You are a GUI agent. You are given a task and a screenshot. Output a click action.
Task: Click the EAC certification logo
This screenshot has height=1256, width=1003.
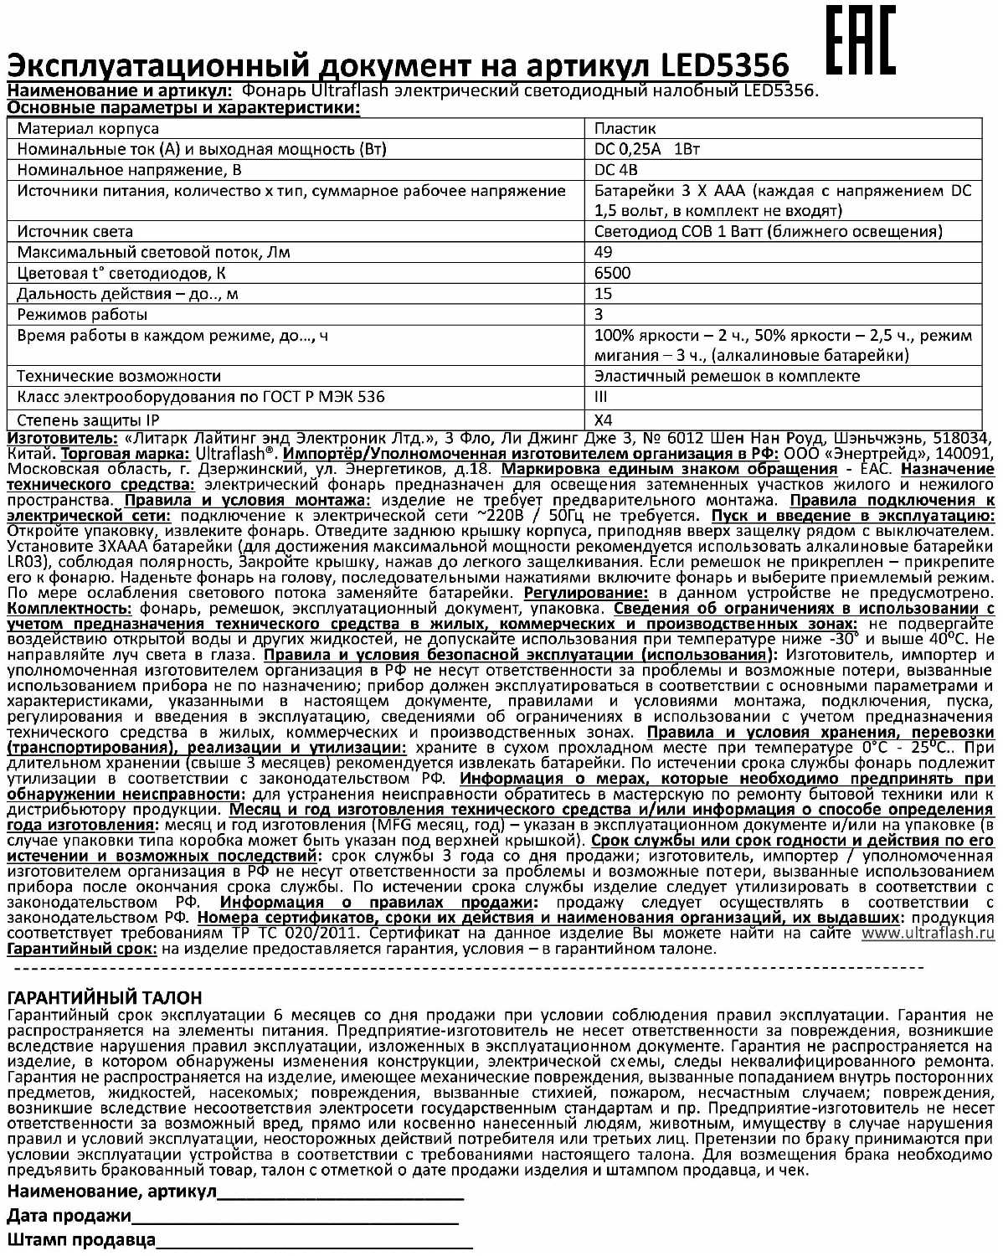(x=861, y=42)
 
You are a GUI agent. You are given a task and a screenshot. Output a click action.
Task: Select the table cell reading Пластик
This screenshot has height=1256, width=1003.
(x=625, y=128)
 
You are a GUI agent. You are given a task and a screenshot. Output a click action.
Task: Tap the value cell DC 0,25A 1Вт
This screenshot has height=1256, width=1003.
(x=646, y=149)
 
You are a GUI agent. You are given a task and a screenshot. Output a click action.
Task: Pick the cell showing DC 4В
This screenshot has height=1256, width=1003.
(x=616, y=170)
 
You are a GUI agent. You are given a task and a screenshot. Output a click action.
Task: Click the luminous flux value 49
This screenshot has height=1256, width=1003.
(x=603, y=252)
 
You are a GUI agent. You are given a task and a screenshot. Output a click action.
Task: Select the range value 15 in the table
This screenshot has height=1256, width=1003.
(x=603, y=294)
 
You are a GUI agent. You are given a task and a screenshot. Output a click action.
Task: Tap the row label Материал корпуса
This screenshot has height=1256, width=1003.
(x=88, y=128)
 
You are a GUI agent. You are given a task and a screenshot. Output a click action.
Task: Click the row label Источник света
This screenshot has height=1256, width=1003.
(x=75, y=232)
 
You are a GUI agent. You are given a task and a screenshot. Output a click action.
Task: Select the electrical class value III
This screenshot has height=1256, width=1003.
(x=601, y=397)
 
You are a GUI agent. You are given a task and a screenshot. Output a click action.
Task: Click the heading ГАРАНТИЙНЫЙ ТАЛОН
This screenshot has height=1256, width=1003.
(x=105, y=998)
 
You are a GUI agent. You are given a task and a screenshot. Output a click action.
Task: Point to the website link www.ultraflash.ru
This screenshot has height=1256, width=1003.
(x=928, y=933)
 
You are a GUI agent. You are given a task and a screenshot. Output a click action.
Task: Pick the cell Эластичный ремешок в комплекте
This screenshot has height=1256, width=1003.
(x=727, y=376)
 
